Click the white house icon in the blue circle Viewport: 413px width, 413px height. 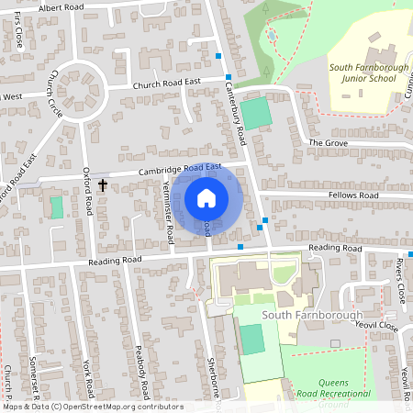206,197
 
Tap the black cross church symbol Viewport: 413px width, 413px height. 102,185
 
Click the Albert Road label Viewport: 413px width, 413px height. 60,7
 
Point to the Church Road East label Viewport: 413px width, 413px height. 166,82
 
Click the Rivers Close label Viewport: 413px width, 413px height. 400,280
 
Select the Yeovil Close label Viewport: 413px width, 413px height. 376,326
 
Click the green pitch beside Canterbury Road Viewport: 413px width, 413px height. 257,112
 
